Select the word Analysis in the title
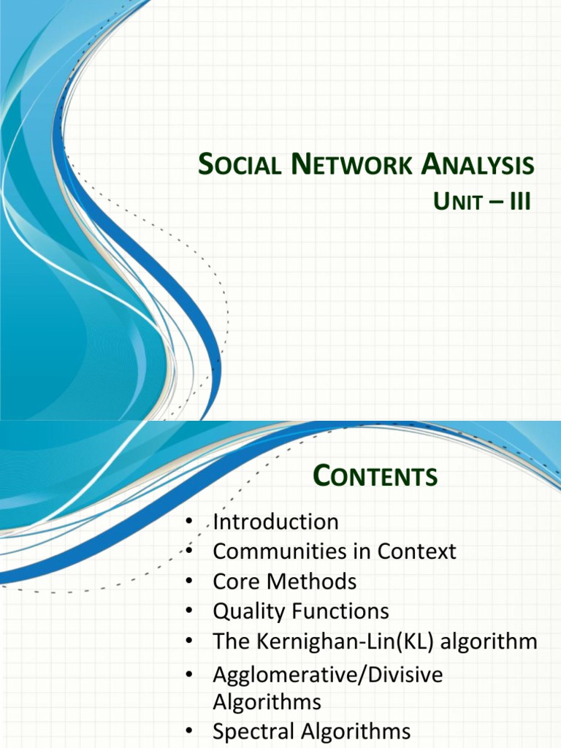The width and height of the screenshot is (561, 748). (478, 165)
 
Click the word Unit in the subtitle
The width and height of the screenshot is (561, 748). (458, 202)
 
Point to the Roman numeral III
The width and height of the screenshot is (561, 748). (519, 202)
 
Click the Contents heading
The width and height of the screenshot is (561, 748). (375, 477)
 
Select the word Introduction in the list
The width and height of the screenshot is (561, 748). (275, 522)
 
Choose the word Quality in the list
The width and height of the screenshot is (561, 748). (249, 611)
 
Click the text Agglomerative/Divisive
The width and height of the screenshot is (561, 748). (327, 674)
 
